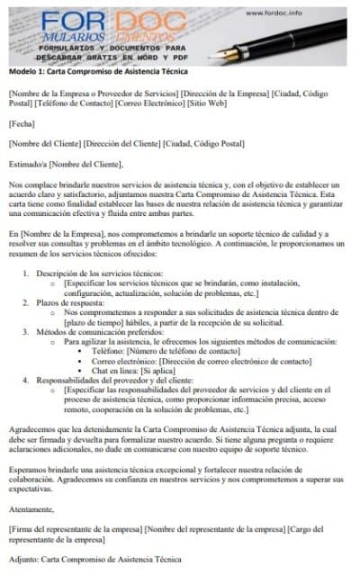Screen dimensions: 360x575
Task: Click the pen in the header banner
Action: click(x=297, y=36)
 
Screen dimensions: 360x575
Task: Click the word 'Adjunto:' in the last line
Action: click(x=24, y=559)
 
